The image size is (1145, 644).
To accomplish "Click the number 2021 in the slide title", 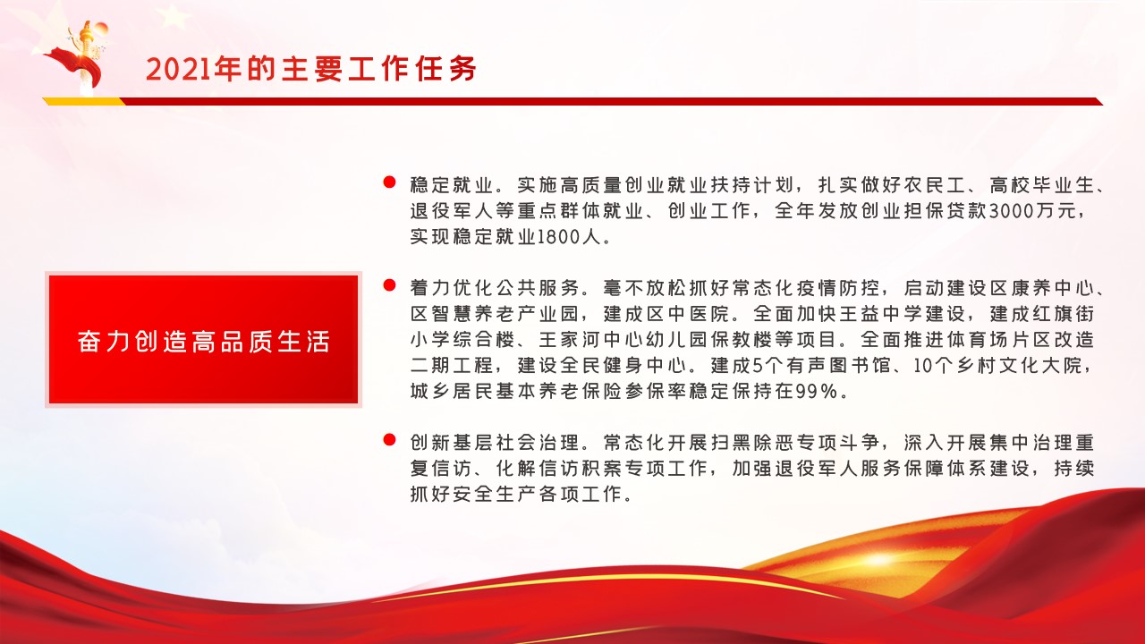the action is click(178, 69).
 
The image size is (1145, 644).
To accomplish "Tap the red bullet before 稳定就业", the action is click(389, 182).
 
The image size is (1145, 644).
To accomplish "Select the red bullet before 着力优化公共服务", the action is click(389, 285).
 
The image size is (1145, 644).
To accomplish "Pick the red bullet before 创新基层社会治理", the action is click(389, 439).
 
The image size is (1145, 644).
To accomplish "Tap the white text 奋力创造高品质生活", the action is click(203, 342).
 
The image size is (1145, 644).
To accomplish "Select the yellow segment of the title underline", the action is click(84, 101).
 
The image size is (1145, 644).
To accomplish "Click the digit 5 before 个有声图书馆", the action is click(759, 366).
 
